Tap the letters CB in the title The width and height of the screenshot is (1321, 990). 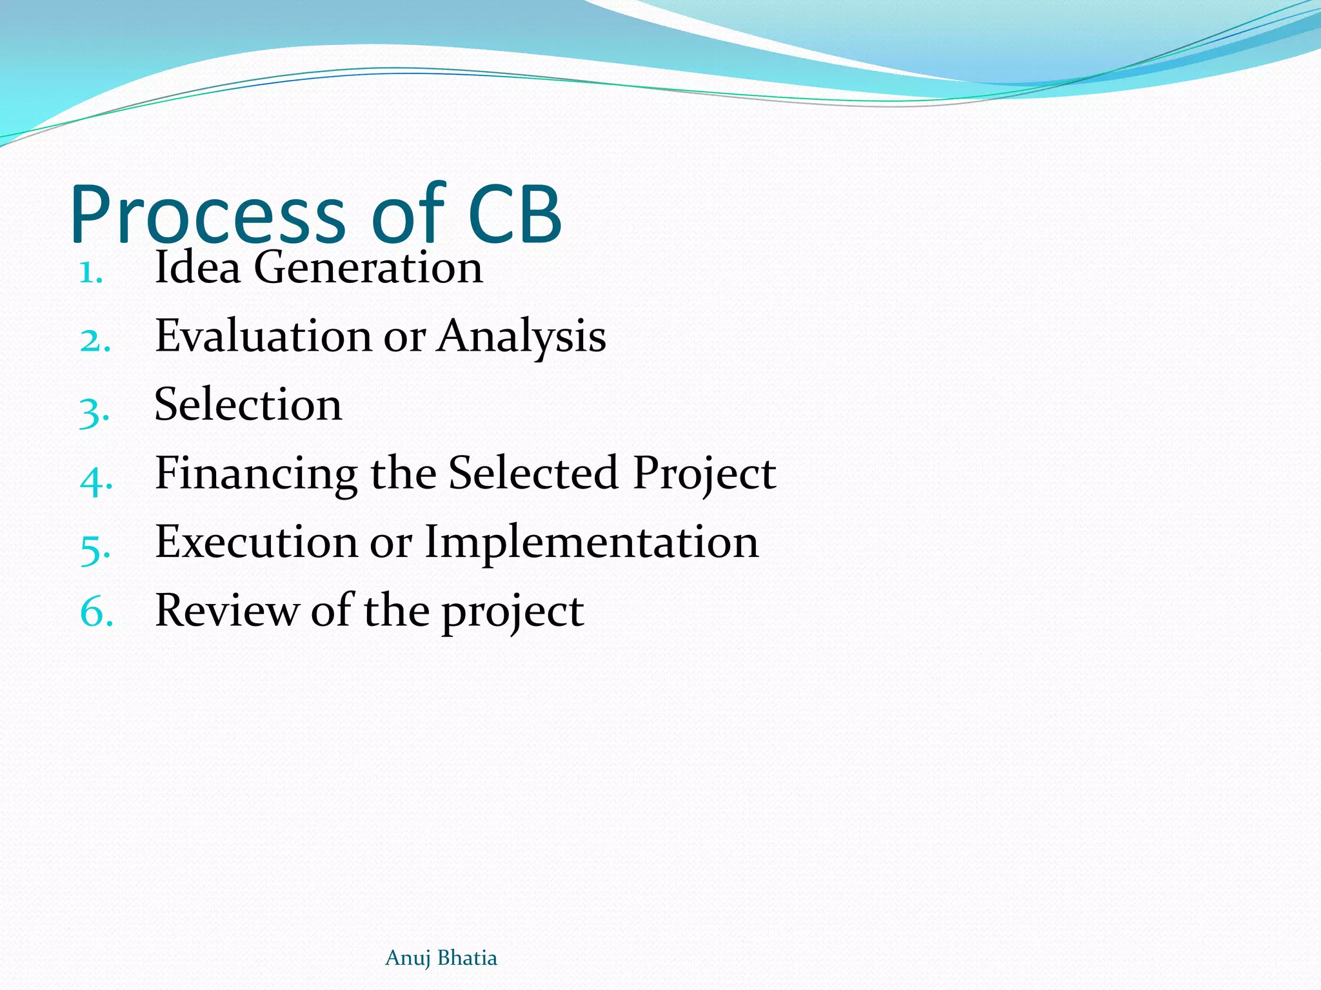click(515, 216)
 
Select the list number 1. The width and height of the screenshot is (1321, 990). click(91, 273)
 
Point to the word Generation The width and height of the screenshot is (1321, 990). click(368, 267)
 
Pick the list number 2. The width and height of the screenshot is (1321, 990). click(95, 341)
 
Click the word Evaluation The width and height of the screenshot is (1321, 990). click(263, 336)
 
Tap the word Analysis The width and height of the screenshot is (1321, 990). click(521, 337)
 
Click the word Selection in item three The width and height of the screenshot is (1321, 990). click(248, 405)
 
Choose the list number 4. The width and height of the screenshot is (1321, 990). click(96, 480)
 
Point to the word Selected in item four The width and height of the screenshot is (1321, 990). click(533, 473)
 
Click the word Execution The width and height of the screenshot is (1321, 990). click(256, 542)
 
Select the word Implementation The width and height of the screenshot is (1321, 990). click(591, 543)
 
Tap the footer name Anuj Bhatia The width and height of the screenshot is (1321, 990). click(441, 958)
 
